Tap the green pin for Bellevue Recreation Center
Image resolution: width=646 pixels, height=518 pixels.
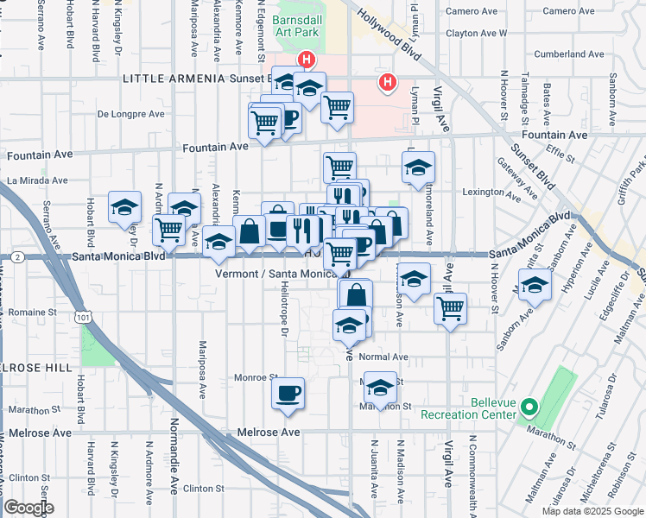click(x=533, y=406)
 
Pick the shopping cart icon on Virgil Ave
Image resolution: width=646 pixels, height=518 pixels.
click(x=450, y=307)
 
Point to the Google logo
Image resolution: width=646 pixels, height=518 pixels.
click(x=28, y=508)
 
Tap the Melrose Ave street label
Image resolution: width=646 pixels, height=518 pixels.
click(x=270, y=432)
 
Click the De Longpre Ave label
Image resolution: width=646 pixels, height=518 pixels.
click(x=130, y=114)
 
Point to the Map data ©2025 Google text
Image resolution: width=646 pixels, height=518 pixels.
click(x=592, y=511)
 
